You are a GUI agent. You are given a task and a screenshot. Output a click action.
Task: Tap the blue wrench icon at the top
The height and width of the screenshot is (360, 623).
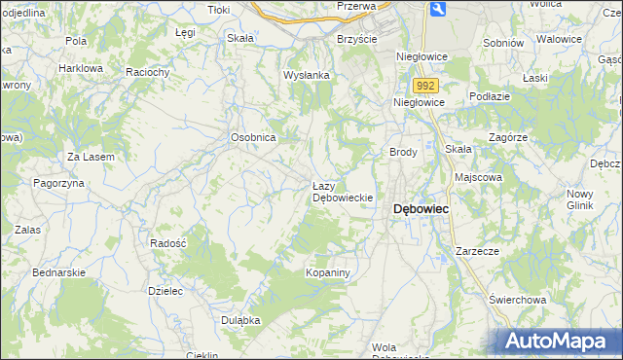point(437,9)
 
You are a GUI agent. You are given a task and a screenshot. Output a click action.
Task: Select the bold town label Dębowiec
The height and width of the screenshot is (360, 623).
point(420,209)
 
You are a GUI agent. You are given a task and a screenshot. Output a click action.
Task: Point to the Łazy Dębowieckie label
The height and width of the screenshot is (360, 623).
point(342,192)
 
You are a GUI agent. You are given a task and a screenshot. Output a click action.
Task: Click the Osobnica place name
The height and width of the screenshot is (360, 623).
point(253,138)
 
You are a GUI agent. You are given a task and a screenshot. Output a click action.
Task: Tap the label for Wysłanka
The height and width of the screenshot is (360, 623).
point(307,75)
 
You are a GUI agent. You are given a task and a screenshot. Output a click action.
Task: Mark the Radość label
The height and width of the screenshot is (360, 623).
point(168,243)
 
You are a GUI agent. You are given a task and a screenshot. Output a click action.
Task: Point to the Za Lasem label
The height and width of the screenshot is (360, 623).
point(91,157)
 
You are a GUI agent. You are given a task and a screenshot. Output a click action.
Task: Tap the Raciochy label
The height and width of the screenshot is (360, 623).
point(148,72)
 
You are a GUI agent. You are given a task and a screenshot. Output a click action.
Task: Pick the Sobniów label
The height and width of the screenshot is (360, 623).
point(503,43)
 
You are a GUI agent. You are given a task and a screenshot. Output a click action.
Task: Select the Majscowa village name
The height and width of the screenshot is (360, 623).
point(478,178)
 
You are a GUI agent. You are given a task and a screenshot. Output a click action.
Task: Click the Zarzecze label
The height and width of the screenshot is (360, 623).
point(477,251)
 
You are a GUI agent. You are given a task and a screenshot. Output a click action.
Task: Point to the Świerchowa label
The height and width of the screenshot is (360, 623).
point(516,299)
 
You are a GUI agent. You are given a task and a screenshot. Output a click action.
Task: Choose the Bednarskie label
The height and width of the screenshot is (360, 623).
point(58,273)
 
